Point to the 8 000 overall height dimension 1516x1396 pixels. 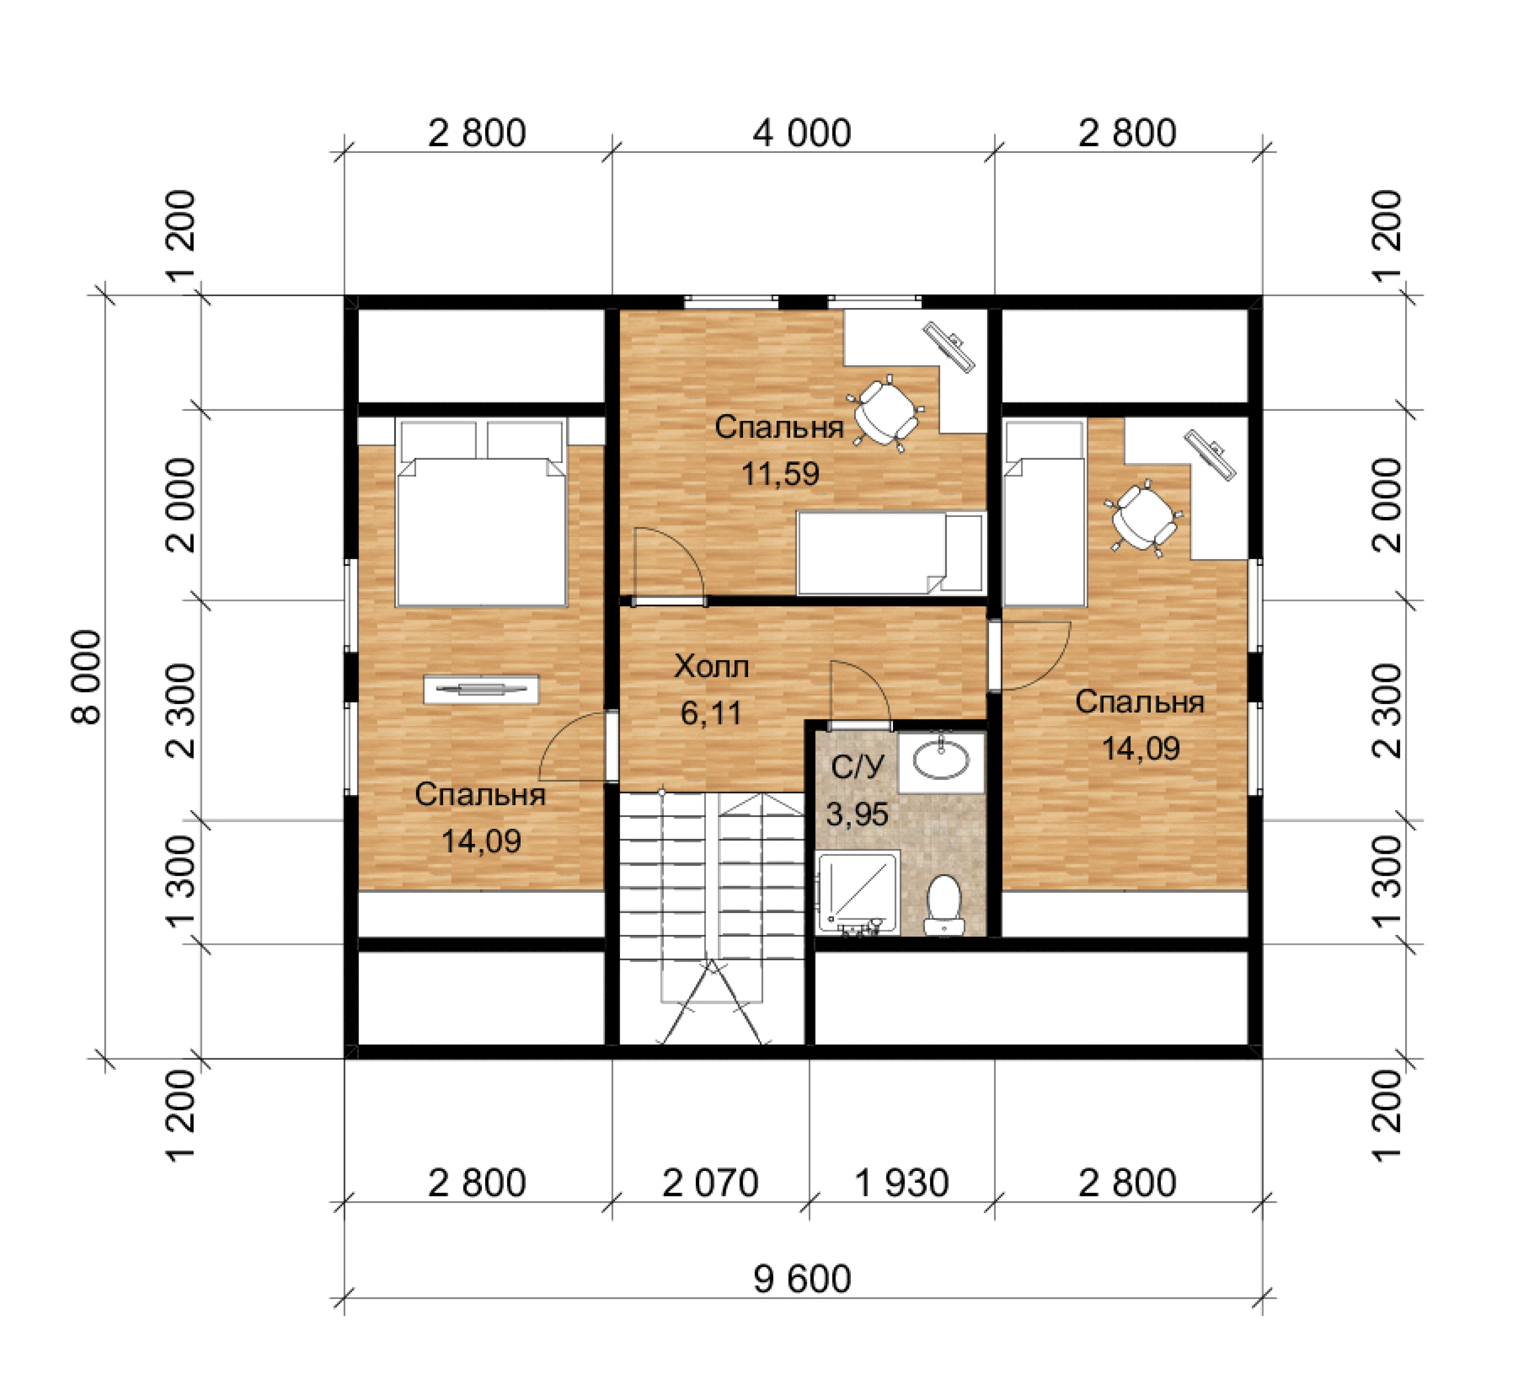point(87,677)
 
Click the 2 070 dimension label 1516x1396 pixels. point(710,1183)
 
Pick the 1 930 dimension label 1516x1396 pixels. point(901,1183)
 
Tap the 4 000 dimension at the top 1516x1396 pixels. point(802,133)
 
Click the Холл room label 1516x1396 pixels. point(712,666)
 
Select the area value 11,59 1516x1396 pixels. point(780,474)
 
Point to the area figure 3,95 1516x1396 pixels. point(857,814)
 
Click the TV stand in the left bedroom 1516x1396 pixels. point(481,689)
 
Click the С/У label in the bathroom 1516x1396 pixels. point(857,768)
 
